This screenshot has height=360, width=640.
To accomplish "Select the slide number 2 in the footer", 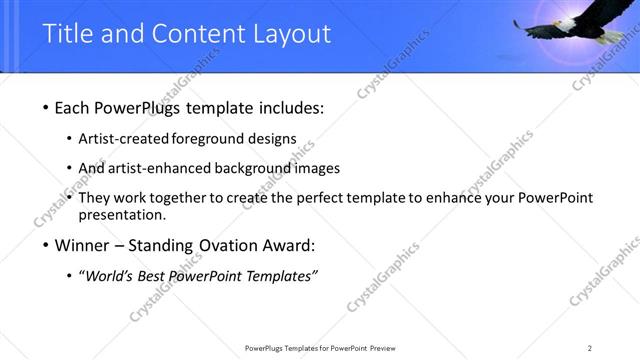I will click(x=589, y=348).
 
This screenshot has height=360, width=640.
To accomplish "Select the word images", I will click(x=320, y=168).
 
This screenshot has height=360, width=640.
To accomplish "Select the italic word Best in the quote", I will click(x=159, y=276).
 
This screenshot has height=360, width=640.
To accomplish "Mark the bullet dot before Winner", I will click(x=48, y=246).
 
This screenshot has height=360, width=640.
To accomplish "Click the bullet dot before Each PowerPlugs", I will click(x=48, y=108).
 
